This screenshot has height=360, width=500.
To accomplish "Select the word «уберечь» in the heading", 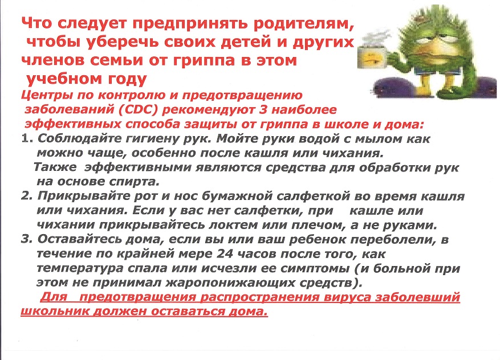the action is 124,42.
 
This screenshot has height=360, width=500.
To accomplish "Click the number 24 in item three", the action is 225,254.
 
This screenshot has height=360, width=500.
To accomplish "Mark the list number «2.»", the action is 27,196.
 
